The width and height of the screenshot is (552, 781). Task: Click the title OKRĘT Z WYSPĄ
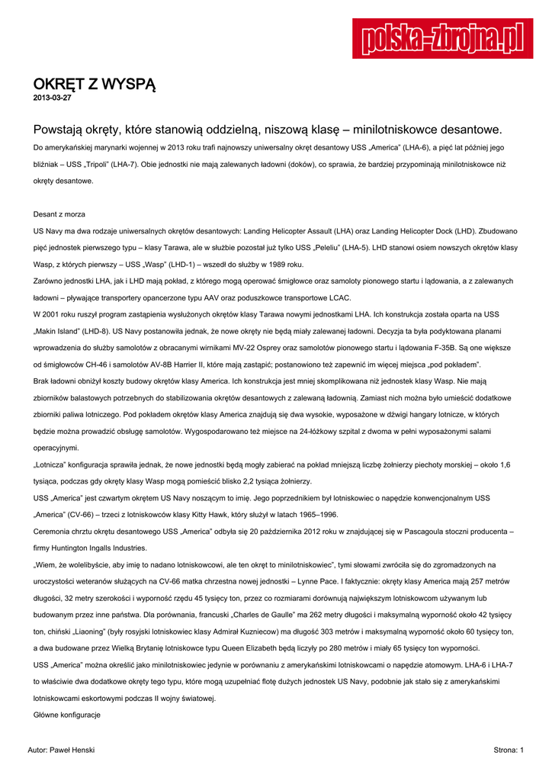click(94, 83)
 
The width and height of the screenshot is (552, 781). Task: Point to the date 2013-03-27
click(52, 98)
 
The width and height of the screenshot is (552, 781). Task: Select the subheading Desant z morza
click(59, 214)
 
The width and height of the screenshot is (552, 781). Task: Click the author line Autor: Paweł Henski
click(61, 750)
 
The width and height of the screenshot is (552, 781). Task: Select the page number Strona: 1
click(509, 750)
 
